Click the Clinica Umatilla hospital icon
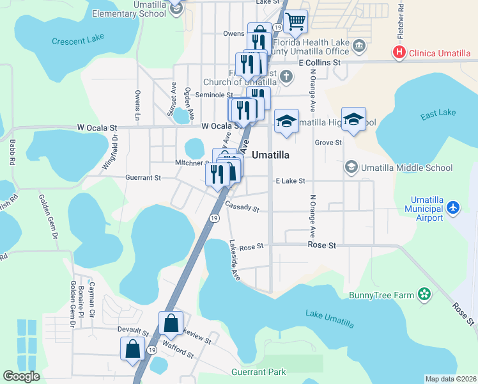point(400,52)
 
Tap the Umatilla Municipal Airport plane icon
point(453,207)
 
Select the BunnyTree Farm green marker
point(422,294)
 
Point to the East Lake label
point(438,113)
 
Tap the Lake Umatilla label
point(328,314)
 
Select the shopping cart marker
point(296,21)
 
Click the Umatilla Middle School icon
point(351,168)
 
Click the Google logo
point(22,376)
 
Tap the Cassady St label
point(242,207)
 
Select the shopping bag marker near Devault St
point(132,349)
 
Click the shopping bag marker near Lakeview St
point(171,323)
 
